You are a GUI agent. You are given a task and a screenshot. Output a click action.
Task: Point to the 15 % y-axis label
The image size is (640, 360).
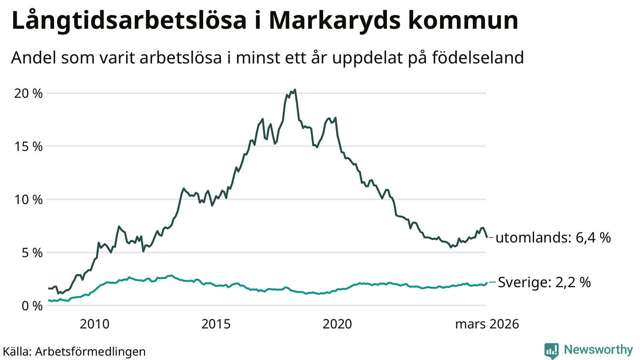click(28, 147)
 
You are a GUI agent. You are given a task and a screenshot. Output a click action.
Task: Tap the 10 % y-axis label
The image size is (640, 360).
click(28, 200)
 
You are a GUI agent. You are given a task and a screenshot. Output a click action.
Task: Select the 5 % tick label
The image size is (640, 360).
click(31, 253)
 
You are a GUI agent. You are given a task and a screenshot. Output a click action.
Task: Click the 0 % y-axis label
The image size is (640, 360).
click(31, 306)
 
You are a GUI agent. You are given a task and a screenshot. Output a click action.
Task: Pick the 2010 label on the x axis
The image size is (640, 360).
click(94, 324)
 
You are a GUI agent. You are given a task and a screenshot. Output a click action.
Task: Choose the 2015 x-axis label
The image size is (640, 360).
click(216, 324)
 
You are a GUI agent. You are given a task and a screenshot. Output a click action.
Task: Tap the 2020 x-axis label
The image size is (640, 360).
click(337, 324)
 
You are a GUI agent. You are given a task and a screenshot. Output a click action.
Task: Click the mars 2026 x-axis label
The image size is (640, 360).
click(487, 324)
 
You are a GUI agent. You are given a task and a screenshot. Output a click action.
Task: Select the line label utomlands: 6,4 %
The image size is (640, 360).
click(553, 238)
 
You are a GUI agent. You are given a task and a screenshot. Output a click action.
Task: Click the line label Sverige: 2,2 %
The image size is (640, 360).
click(544, 283)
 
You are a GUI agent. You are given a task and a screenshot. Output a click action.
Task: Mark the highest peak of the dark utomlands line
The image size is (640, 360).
click(295, 90)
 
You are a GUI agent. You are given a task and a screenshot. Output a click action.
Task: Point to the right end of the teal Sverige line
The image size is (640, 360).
click(486, 283)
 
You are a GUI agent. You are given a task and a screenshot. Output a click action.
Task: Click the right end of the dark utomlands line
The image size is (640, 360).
click(486, 237)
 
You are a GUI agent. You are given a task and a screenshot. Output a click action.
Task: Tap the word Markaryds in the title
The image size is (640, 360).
click(334, 21)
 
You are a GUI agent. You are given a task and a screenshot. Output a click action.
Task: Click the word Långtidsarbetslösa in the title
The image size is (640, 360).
click(129, 21)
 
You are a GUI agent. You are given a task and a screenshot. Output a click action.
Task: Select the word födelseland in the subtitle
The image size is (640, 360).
click(478, 58)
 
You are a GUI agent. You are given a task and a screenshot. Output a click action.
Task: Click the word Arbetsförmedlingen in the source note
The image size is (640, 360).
click(90, 352)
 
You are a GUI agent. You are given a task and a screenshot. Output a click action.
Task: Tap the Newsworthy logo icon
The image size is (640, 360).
click(551, 351)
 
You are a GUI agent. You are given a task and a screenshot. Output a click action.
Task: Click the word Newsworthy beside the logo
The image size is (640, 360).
click(598, 350)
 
